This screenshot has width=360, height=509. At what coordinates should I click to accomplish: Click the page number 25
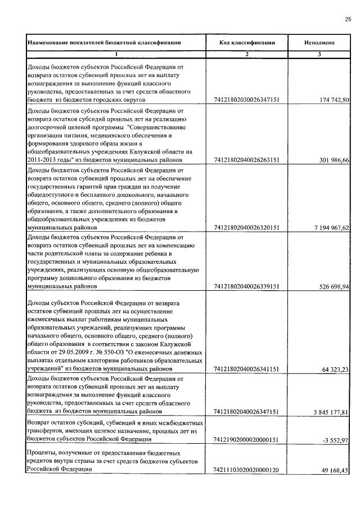(348, 19)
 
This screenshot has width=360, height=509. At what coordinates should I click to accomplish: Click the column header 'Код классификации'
(247, 42)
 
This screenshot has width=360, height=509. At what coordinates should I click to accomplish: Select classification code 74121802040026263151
(247, 160)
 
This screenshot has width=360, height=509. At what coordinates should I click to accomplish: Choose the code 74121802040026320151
(247, 228)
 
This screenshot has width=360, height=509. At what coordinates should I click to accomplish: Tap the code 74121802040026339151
(247, 286)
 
